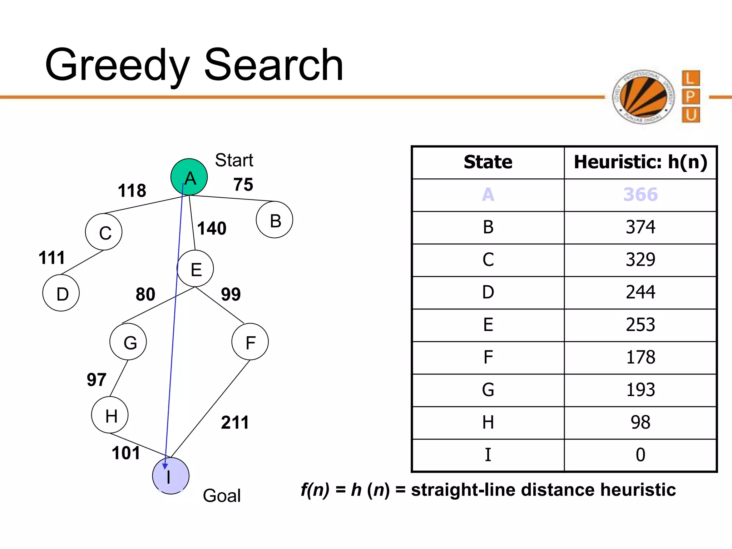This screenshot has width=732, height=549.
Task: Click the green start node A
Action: click(x=189, y=177)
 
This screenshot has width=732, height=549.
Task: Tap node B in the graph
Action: click(x=274, y=220)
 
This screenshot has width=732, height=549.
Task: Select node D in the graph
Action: click(x=61, y=293)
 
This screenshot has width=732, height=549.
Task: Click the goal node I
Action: click(x=170, y=476)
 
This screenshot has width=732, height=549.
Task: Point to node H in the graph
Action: click(x=110, y=415)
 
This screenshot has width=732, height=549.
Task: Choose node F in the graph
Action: click(x=250, y=342)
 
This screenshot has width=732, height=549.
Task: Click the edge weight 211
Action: click(x=235, y=422)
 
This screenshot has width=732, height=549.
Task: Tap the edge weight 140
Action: click(x=212, y=228)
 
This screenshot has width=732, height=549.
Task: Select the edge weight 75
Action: click(x=243, y=185)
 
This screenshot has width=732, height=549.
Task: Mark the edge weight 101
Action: click(x=126, y=453)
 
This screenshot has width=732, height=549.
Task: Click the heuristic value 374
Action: click(x=640, y=227)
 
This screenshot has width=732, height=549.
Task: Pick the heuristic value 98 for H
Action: click(x=640, y=422)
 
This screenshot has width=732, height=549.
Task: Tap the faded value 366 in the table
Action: click(x=640, y=195)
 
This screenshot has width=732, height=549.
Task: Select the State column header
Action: click(x=488, y=162)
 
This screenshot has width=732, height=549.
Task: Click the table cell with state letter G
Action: click(x=488, y=390)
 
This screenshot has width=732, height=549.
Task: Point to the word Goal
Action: click(x=222, y=496)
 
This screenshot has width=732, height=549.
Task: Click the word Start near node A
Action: click(x=234, y=160)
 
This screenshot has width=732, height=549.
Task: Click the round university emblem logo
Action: click(x=643, y=97)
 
